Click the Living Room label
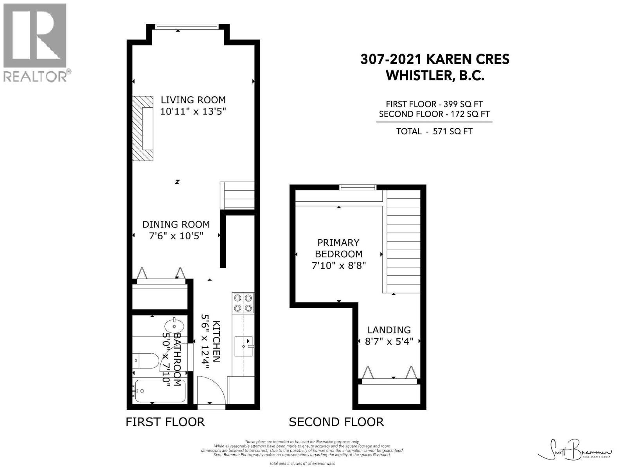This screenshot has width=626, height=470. pos(193,99)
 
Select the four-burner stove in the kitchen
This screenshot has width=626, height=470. pos(243,303)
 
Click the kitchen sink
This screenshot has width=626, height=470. pos(243,346)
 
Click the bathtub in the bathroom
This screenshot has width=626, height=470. pos(158,390)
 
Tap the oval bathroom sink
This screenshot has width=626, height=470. pos(174,325)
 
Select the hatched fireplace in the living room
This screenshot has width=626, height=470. pos(142,128)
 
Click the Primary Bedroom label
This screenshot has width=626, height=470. pos(338,248)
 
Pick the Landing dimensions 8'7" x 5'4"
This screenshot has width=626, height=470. pos(389,341)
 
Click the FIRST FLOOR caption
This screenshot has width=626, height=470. pos(165,422)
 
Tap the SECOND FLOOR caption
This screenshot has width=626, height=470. pos(336,422)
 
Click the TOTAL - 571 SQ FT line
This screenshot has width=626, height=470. pos(434,131)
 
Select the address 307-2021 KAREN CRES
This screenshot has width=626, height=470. pos(435,59)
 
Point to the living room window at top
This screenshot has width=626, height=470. pos(187,27)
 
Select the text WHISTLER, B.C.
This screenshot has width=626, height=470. pos(435,75)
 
